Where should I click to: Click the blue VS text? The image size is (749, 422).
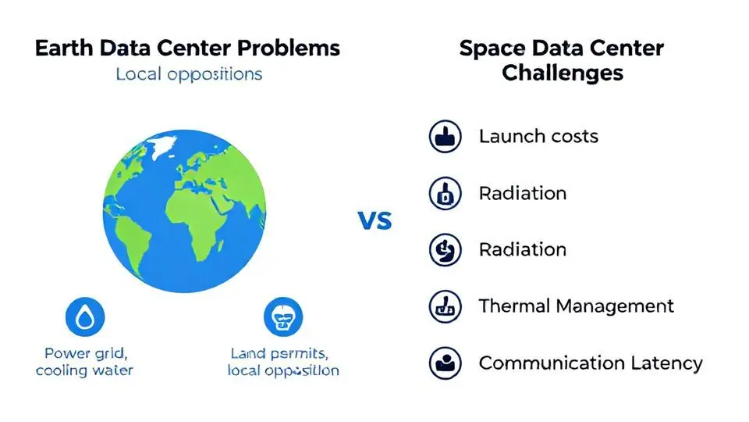375,220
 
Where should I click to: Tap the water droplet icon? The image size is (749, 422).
85,316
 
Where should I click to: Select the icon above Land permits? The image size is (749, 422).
283,316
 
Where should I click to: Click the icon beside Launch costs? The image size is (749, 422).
445,136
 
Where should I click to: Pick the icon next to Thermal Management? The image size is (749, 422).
445,306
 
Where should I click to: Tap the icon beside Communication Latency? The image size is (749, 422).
445,363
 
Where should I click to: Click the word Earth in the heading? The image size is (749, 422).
63,48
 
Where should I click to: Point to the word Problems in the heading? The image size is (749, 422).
289,48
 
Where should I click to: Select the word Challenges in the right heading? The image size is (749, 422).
563,73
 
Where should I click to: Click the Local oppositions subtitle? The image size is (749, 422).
189,74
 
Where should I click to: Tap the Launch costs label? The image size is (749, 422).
538,136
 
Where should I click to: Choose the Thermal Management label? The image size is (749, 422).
577,306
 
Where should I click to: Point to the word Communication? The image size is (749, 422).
552,363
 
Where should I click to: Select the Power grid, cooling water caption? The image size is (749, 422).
84,362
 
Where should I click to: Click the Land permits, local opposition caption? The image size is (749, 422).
283,362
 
